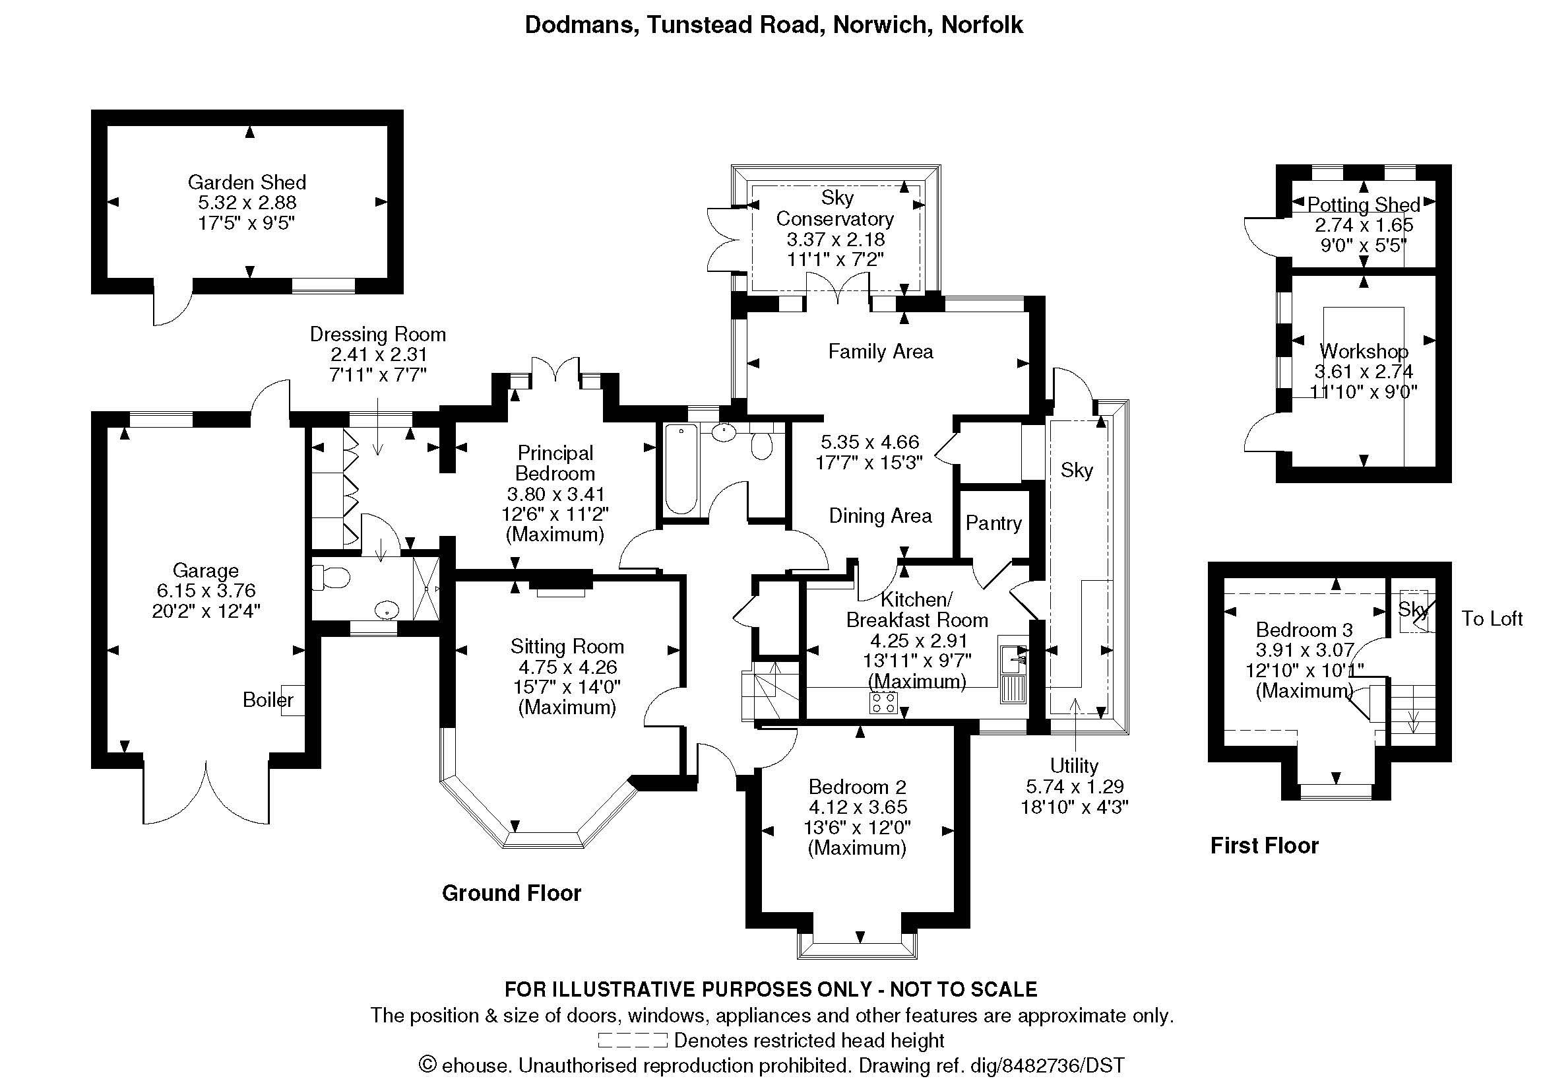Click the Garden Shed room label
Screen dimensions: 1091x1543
[247, 182]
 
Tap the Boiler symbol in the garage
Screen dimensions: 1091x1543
[293, 700]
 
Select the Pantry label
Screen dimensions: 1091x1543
[993, 523]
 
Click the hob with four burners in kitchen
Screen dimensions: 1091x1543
[884, 702]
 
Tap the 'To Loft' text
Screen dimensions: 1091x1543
[1492, 618]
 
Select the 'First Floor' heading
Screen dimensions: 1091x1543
[1264, 845]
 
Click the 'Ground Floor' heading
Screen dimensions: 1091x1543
[511, 893]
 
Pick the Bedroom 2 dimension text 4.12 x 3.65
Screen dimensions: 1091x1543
[857, 807]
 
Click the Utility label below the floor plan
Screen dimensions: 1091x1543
[1074, 766]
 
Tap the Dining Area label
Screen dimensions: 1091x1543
[880, 515]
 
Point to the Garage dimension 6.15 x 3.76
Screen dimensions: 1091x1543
[206, 590]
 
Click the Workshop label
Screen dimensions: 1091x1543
[1364, 351]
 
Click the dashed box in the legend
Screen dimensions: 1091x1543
[632, 1040]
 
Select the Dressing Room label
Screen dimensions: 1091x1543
[378, 334]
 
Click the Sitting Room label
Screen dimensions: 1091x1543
[567, 646]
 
